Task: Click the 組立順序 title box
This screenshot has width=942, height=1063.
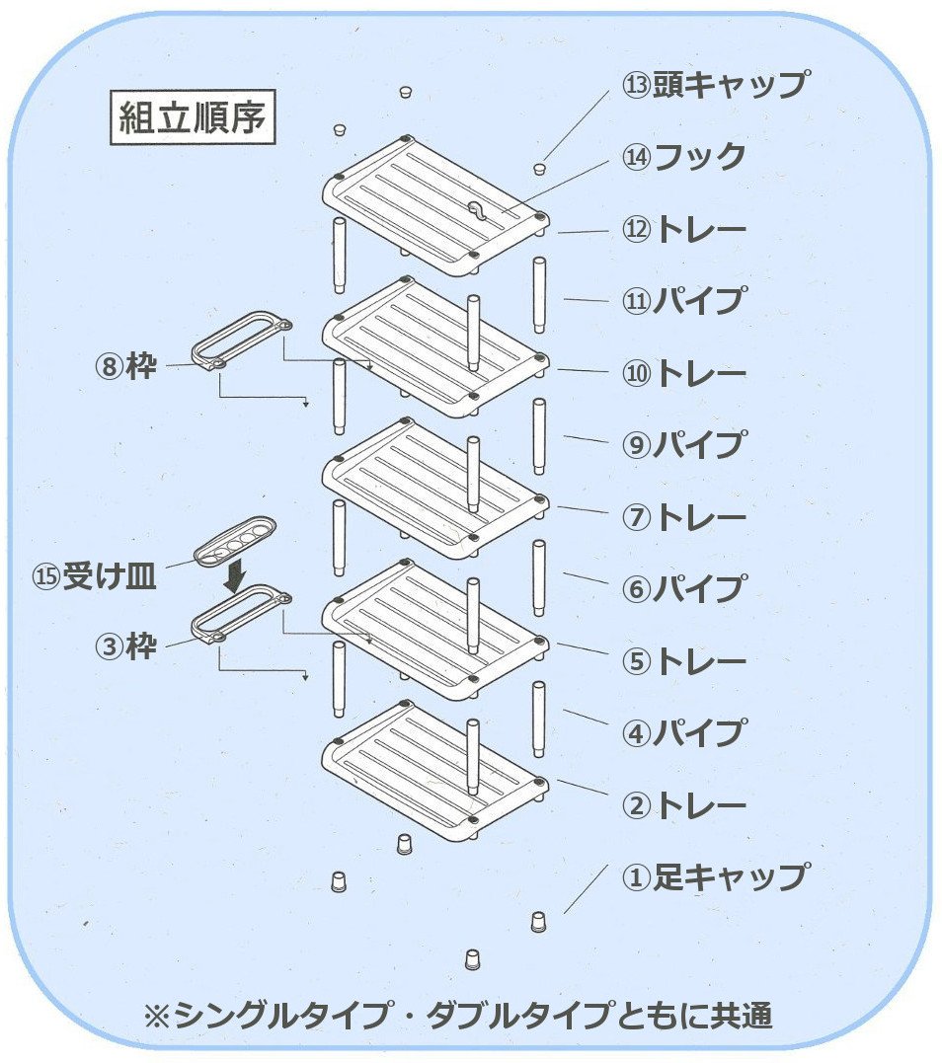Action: [192, 119]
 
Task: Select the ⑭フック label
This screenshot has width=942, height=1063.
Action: [683, 156]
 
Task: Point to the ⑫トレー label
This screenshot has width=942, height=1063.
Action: [683, 229]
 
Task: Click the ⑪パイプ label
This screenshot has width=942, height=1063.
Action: [683, 300]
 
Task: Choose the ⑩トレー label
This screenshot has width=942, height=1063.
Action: [683, 373]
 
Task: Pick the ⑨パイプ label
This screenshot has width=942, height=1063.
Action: [683, 444]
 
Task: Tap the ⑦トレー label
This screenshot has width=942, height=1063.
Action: [683, 516]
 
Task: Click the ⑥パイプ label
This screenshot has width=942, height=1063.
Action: [683, 588]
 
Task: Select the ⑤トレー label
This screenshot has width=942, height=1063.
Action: [683, 660]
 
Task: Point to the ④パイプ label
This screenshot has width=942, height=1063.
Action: [683, 732]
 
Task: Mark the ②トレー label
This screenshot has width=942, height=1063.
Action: [683, 805]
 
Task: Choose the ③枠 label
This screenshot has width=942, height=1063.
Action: [125, 647]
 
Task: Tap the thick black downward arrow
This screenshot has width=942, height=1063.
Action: [234, 575]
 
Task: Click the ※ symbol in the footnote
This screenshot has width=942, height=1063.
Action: [158, 1016]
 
